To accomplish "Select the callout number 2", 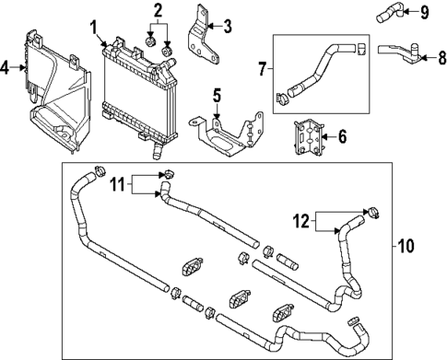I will [158, 11].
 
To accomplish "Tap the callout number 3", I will [228, 25].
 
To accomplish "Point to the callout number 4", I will [6, 67].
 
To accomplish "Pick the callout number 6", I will [342, 137].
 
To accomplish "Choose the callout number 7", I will [264, 67].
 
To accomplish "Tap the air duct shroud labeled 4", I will [55, 101].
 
